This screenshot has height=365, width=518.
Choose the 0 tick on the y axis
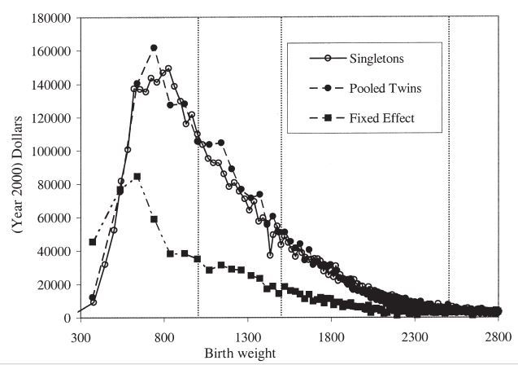pyautogui.click(x=68, y=318)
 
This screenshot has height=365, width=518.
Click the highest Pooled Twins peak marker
pyautogui.click(x=154, y=48)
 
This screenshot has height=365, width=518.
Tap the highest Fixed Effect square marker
pyautogui.click(x=137, y=177)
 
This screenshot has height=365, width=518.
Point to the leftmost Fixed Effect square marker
pyautogui.click(x=93, y=241)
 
